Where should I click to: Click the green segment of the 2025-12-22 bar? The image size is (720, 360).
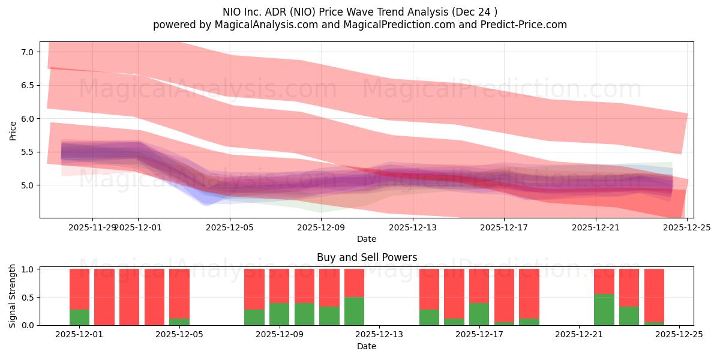[x=604, y=310]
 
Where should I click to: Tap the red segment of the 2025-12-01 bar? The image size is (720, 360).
[x=79, y=289]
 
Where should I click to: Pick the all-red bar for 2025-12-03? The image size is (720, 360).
[x=129, y=297]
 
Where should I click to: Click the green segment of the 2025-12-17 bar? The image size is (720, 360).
[x=479, y=314]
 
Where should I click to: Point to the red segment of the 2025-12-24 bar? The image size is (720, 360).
[x=654, y=295]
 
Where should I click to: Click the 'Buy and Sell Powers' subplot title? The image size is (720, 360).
[x=367, y=257]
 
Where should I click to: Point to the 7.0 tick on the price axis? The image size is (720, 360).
[x=26, y=52]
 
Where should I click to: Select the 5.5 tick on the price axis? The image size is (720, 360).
[x=26, y=152]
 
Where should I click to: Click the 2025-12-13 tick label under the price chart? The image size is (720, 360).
[x=413, y=227]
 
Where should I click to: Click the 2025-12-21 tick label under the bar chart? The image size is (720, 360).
[x=578, y=335]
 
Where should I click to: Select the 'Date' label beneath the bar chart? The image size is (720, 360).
[x=367, y=346]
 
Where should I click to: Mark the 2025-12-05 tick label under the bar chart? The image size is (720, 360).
[x=179, y=335]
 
